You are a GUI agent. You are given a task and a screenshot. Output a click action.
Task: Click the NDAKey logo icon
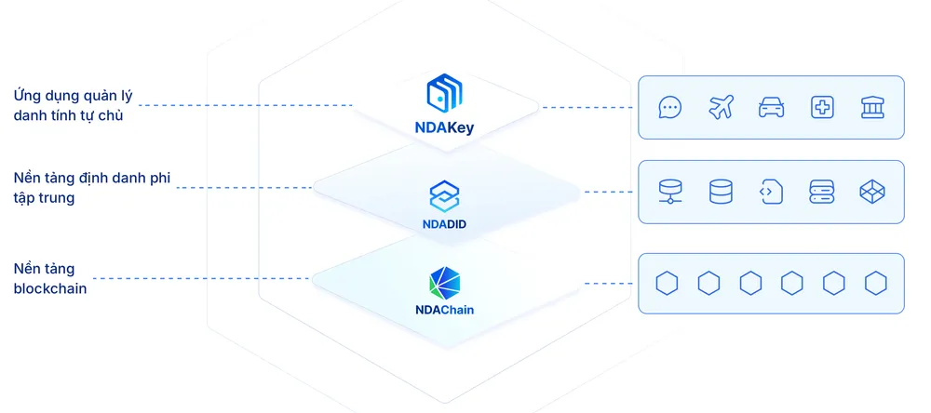(445, 95)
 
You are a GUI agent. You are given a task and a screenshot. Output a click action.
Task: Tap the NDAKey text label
(445, 128)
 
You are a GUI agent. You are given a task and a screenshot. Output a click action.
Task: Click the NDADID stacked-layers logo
(445, 193)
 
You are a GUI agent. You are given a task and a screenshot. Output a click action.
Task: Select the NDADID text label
(445, 223)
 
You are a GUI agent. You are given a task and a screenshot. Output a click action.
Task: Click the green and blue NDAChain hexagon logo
(445, 282)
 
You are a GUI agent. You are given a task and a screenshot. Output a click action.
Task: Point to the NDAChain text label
(445, 310)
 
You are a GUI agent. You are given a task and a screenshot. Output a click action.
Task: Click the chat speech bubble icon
(669, 107)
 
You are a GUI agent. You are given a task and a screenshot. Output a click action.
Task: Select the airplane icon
(720, 107)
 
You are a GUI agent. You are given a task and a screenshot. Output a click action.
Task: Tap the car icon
(771, 107)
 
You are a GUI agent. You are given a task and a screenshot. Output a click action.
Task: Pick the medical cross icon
(821, 107)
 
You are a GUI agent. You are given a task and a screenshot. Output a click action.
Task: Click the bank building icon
(872, 107)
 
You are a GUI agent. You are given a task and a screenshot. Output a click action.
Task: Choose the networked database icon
(669, 192)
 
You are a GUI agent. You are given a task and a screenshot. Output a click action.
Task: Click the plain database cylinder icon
(720, 192)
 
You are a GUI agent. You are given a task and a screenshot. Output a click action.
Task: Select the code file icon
(771, 192)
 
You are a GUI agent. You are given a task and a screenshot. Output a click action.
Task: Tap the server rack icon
(821, 192)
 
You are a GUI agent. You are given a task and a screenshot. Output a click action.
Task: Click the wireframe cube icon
(872, 192)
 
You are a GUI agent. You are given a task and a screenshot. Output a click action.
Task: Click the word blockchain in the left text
(50, 288)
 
